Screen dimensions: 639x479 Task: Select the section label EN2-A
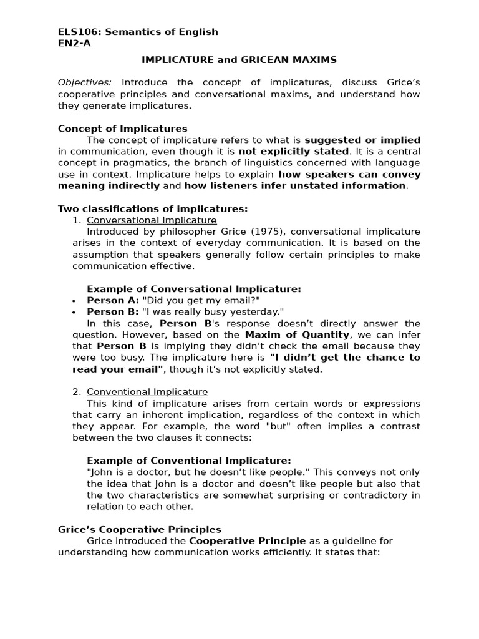point(73,43)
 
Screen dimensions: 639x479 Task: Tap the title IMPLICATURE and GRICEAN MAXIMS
point(239,60)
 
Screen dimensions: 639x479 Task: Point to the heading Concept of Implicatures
point(122,129)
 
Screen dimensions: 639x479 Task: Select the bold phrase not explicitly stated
point(293,152)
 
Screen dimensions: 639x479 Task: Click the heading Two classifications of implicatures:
point(153,208)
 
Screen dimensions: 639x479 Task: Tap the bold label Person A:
point(113,300)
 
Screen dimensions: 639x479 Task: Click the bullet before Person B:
point(75,312)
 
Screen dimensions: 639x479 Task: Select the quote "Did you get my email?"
point(201,300)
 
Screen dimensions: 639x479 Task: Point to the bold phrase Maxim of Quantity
point(297,334)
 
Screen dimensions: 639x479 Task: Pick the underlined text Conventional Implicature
point(147,392)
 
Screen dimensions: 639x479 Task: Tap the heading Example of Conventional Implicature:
point(188,461)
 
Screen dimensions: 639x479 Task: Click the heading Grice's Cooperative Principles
point(140,529)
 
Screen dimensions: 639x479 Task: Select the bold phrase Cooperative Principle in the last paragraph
point(248,541)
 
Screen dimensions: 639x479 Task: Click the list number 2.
point(77,392)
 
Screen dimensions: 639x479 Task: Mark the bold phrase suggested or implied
point(362,140)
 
